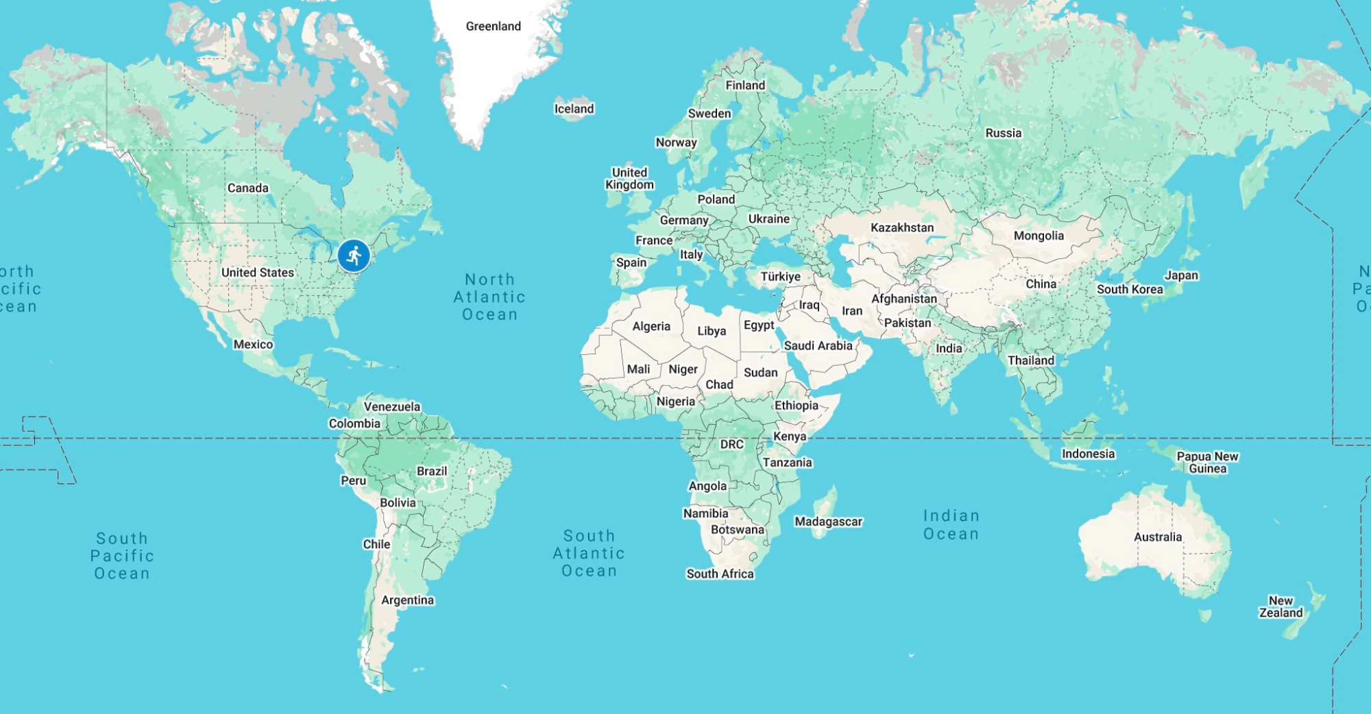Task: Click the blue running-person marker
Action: pos(354,256)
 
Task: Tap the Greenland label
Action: pos(493,26)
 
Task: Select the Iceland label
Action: pos(574,108)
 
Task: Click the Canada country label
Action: pos(247,188)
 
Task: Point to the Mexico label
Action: pos(253,344)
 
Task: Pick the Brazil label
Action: pos(431,471)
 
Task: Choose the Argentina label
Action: pos(407,600)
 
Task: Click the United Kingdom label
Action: pos(629,178)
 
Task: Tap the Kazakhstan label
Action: pos(901,227)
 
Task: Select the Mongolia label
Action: pos(1039,236)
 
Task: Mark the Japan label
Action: pos(1181,275)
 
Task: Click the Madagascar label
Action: pos(828,521)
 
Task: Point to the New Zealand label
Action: pos(1281,606)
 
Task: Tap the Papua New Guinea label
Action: pos(1207,463)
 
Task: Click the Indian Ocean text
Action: pos(951,525)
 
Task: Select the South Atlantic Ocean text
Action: pos(589,553)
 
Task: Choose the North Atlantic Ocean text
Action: pos(489,297)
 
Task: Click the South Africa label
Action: pos(720,574)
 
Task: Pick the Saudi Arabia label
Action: pos(818,345)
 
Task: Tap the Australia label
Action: pos(1157,537)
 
